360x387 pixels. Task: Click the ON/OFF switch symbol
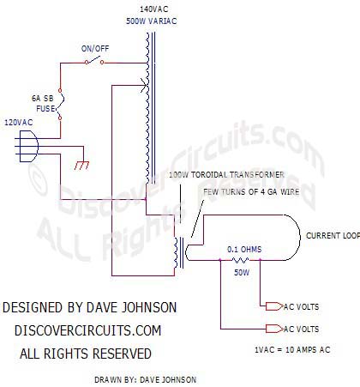94,61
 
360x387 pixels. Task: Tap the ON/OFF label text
95,49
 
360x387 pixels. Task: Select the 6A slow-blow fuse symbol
61,104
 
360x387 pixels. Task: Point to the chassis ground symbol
81,166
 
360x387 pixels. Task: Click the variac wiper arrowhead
144,85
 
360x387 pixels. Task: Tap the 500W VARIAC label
152,21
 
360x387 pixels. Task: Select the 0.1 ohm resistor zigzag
240,260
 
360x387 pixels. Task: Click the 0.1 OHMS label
244,250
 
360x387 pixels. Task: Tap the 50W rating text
242,272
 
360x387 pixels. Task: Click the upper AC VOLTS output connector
274,306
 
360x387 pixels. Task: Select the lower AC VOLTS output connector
274,329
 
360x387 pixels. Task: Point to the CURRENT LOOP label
333,236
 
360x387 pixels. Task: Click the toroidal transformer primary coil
175,252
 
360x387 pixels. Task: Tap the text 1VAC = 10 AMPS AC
292,349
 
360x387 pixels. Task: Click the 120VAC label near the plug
19,123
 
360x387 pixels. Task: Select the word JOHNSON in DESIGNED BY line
149,307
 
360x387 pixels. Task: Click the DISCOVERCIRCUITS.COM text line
88,330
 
